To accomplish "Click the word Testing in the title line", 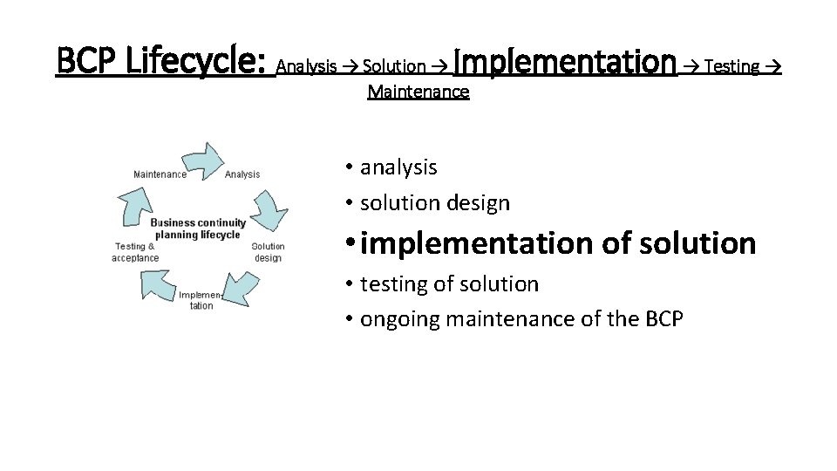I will pyautogui.click(x=732, y=66).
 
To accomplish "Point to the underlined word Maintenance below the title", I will pyautogui.click(x=418, y=92).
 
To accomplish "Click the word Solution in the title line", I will pyautogui.click(x=394, y=66).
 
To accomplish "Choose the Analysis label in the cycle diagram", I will pyautogui.click(x=242, y=174).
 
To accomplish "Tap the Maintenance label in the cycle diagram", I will pyautogui.click(x=160, y=174).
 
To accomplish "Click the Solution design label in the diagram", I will pyautogui.click(x=268, y=252).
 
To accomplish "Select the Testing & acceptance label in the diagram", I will pyautogui.click(x=136, y=252).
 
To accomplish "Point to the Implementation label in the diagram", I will pyautogui.click(x=201, y=300).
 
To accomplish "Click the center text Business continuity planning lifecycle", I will pyautogui.click(x=198, y=229).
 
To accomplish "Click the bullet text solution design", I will pyautogui.click(x=434, y=203).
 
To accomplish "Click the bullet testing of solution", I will pyautogui.click(x=449, y=284).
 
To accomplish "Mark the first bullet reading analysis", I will pyautogui.click(x=398, y=167).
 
